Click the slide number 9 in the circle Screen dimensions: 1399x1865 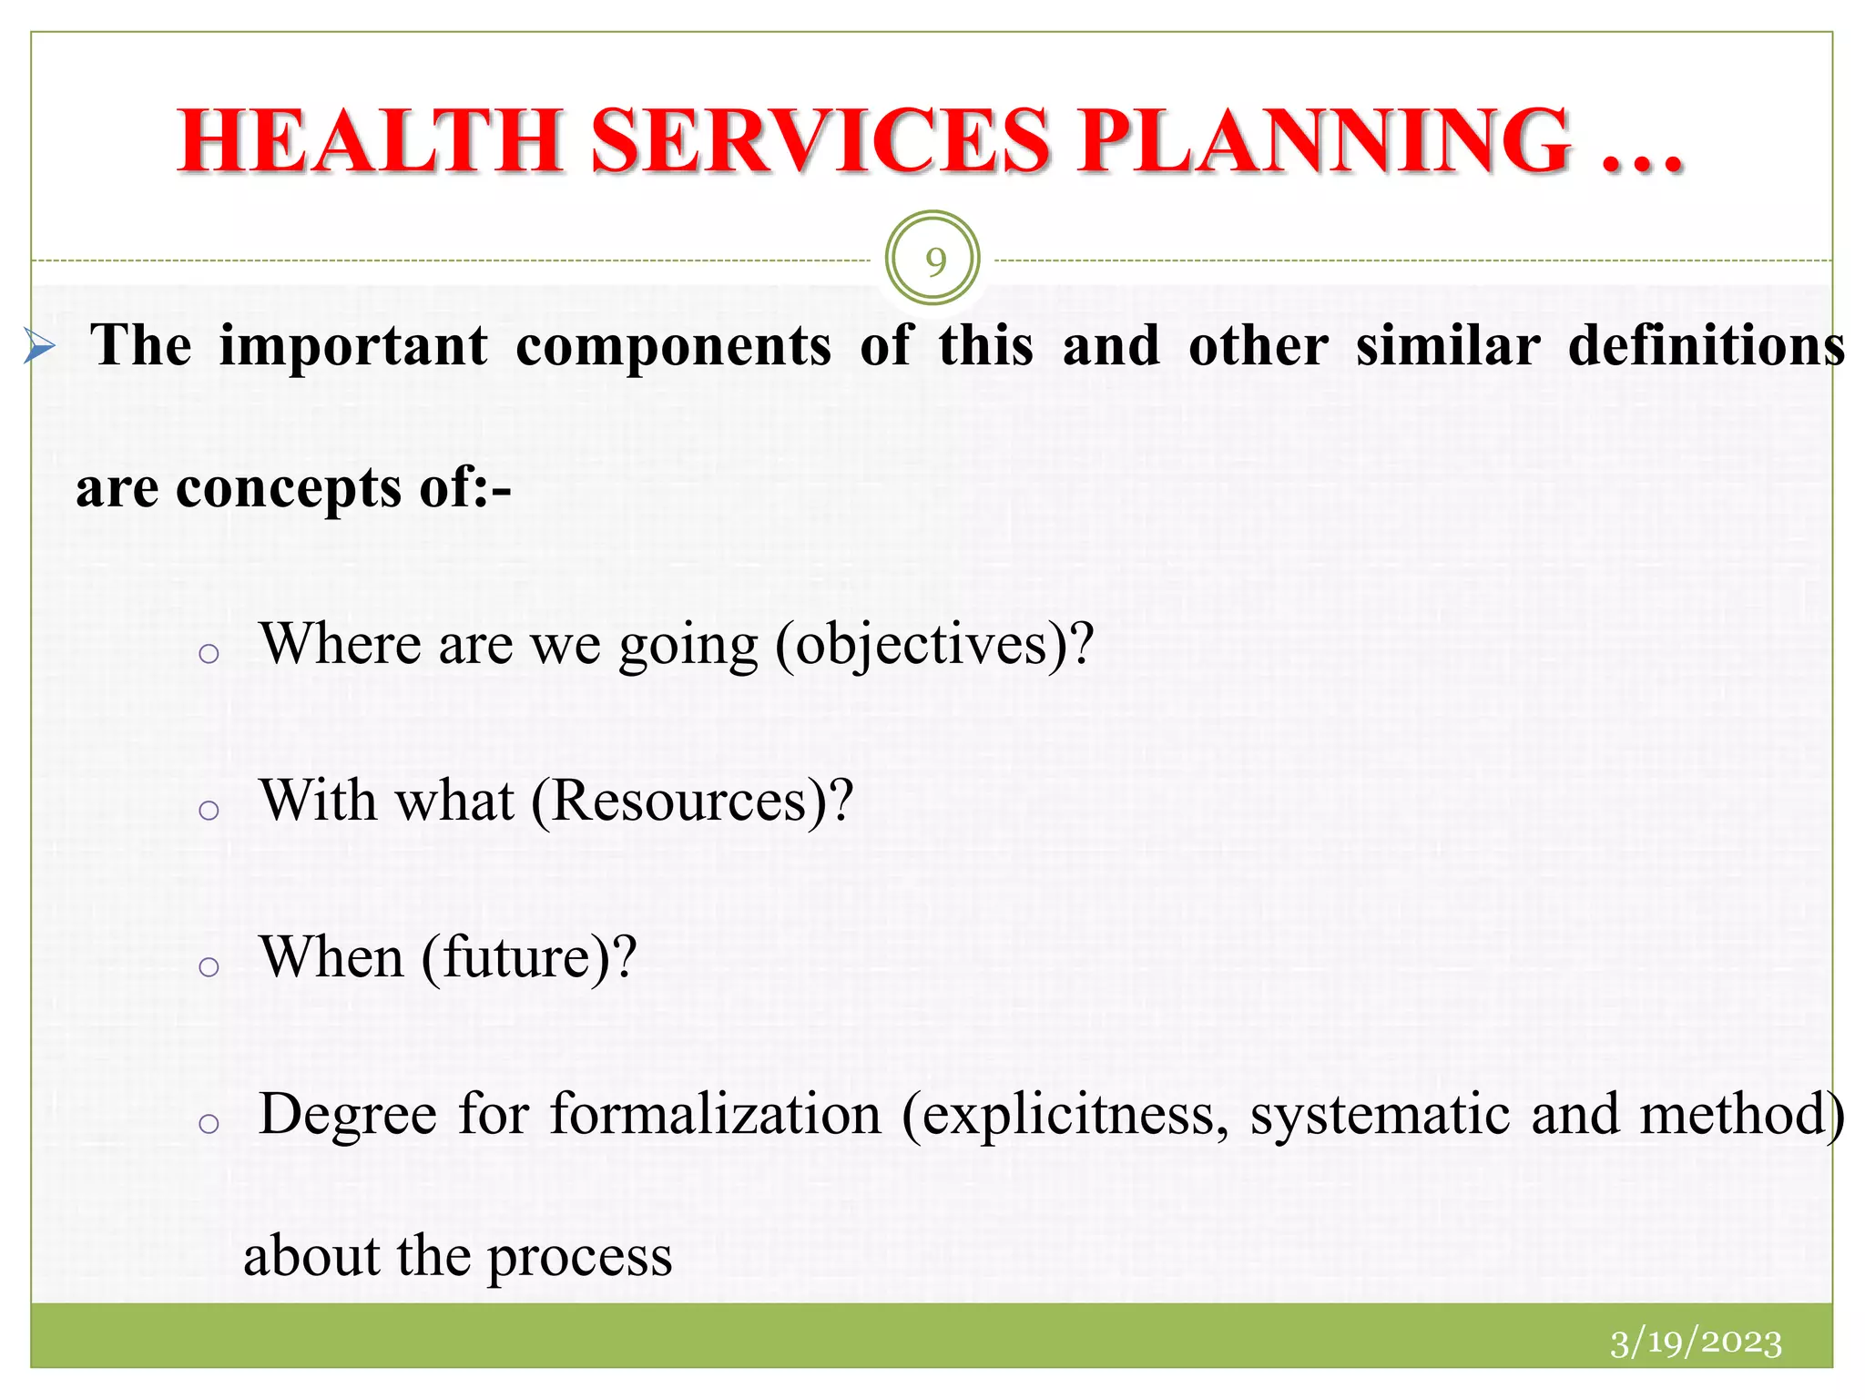point(933,261)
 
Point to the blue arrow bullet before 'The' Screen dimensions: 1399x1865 point(39,347)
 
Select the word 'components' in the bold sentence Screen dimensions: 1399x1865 point(673,347)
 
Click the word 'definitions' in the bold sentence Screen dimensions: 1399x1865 point(1706,347)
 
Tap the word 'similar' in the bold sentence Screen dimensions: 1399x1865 point(1447,347)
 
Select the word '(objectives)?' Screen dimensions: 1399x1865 point(933,645)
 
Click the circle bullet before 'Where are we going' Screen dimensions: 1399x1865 point(209,653)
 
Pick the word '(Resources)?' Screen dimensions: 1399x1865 point(692,802)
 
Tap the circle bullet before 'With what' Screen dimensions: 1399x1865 point(209,810)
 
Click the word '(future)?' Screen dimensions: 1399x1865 point(528,958)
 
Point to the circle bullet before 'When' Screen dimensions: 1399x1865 point(209,966)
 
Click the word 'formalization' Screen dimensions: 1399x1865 point(716,1115)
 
